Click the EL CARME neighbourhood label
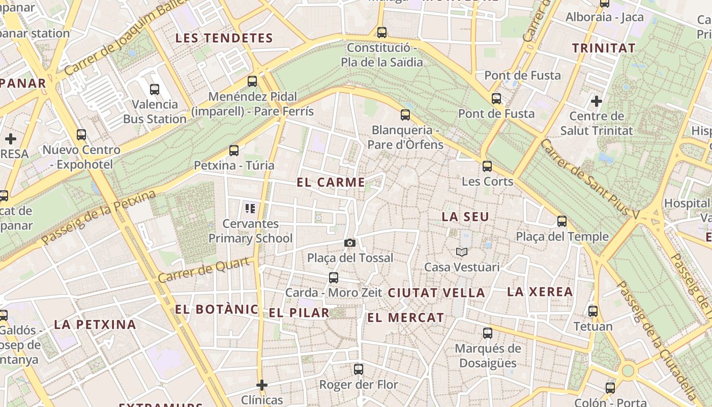click(331, 182)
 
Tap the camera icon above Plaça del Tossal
click(349, 243)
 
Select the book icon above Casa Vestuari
click(462, 252)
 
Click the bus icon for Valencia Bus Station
click(155, 90)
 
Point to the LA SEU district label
click(465, 217)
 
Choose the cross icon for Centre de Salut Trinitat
click(597, 101)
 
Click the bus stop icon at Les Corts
click(487, 166)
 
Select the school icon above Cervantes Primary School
click(250, 208)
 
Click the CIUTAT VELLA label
click(436, 293)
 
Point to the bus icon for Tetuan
click(593, 311)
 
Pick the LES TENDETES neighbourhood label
click(224, 38)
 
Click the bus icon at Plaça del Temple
click(562, 221)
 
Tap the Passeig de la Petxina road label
click(99, 218)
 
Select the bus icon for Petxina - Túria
click(234, 151)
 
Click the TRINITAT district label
click(604, 48)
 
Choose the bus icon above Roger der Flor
click(359, 369)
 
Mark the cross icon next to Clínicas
click(262, 385)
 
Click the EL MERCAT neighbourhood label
click(405, 318)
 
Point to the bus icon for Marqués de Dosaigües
click(488, 333)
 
